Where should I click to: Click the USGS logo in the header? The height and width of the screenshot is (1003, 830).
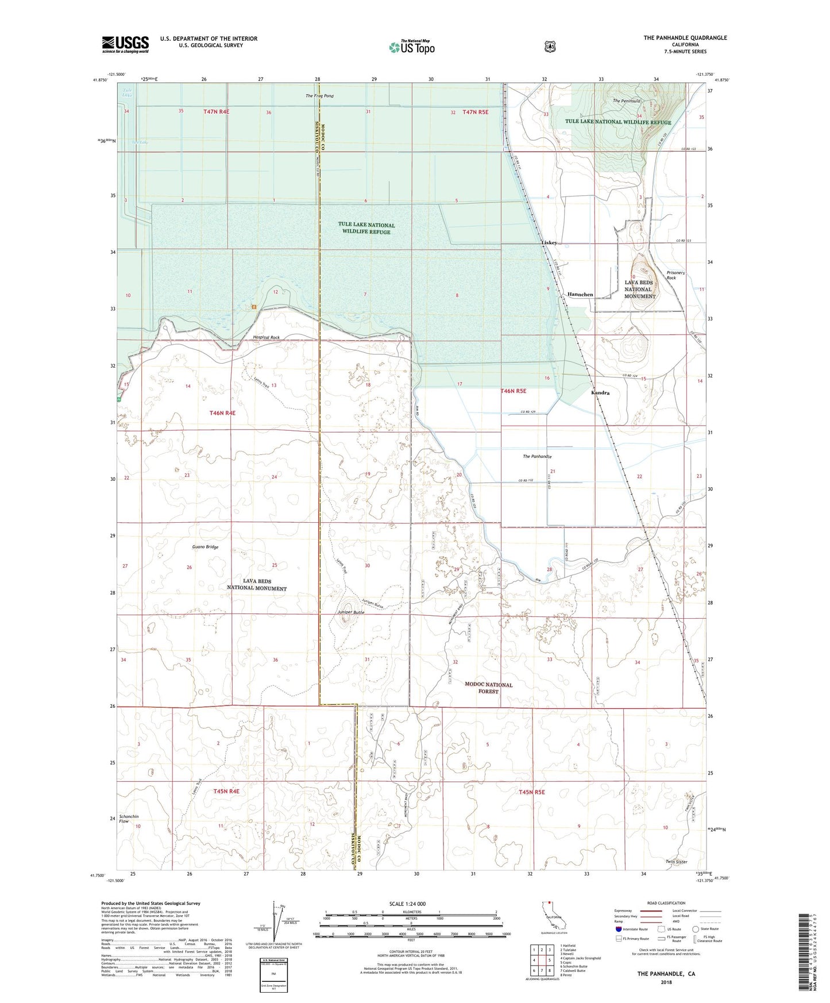tap(125, 44)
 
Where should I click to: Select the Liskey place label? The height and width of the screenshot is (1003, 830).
tap(549, 243)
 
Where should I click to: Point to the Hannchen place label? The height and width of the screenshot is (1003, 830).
tap(580, 294)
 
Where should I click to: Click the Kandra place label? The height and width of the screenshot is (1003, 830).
tap(600, 393)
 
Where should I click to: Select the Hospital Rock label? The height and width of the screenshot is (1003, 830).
tap(266, 337)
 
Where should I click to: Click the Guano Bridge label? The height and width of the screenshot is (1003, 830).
tap(205, 547)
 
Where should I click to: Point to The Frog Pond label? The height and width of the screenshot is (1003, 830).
tap(319, 96)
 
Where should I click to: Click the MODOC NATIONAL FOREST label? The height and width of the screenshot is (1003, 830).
tap(488, 688)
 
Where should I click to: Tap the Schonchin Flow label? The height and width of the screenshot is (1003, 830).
tap(128, 819)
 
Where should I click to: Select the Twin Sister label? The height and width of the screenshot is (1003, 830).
tap(676, 862)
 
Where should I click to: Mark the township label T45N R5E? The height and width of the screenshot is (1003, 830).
tap(531, 792)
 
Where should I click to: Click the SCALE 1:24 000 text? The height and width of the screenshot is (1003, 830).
tap(407, 904)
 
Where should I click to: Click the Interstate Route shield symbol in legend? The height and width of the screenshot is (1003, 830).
tap(619, 928)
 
